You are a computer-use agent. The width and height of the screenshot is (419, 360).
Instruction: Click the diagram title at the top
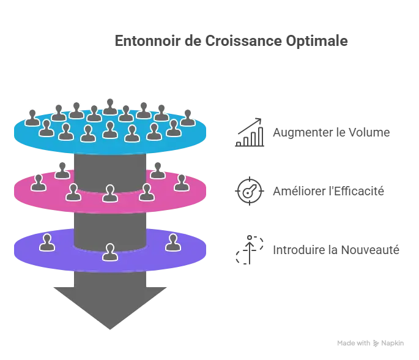click(232, 42)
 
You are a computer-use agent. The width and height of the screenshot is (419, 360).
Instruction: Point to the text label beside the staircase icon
click(330, 132)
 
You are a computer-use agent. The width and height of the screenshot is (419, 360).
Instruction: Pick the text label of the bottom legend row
click(335, 249)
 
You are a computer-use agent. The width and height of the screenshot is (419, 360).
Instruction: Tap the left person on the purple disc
click(47, 242)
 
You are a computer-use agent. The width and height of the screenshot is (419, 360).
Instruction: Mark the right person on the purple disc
click(173, 242)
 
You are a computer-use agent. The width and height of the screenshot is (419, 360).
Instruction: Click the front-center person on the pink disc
click(109, 193)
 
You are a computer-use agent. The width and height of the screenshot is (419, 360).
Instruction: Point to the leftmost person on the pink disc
click(39, 182)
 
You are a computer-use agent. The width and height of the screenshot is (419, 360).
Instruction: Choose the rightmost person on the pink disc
click(181, 182)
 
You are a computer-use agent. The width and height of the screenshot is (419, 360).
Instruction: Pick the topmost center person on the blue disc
click(110, 107)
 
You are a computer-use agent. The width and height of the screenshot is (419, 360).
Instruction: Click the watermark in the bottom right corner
click(371, 343)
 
